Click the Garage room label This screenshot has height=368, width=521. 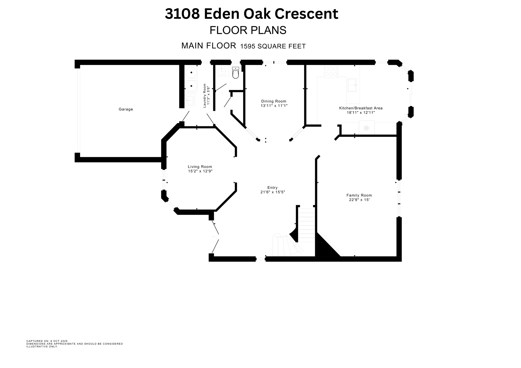click(x=126, y=109)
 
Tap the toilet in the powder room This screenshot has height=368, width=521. click(x=236, y=73)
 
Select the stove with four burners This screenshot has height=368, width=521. click(x=331, y=71)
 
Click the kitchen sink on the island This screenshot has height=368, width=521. click(x=352, y=85)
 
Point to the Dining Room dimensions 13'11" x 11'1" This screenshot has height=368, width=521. click(x=274, y=106)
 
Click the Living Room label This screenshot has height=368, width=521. click(x=200, y=167)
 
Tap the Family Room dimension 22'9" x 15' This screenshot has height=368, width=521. click(x=359, y=200)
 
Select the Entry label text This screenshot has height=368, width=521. click(x=272, y=188)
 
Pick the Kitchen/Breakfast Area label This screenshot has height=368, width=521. click(x=361, y=108)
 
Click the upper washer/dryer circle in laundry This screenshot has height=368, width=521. click(x=191, y=73)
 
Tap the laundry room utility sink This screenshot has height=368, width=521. click(x=190, y=100)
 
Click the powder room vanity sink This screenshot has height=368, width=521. click(x=222, y=71)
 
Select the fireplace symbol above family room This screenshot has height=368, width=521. click(x=366, y=128)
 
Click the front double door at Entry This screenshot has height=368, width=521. click(x=216, y=237)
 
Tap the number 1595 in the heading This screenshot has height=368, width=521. click(x=248, y=47)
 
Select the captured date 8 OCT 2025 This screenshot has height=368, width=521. click(x=59, y=341)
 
